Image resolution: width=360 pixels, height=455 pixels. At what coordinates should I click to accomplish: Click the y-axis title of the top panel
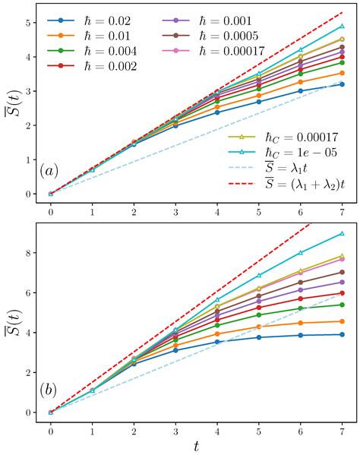13,104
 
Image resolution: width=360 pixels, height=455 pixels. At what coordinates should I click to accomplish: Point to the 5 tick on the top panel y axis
28,23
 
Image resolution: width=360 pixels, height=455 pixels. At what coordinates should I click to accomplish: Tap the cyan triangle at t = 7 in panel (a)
342,26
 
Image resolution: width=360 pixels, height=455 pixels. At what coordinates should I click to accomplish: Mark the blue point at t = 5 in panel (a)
259,102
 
